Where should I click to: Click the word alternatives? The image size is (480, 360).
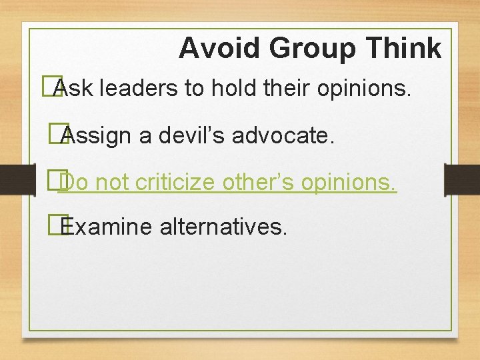tap(223, 227)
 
